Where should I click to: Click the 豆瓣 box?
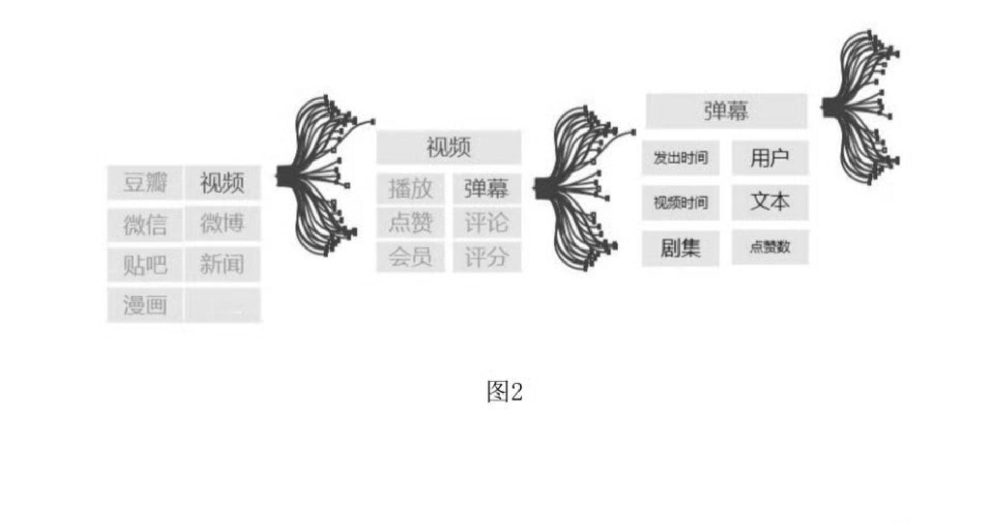click(145, 183)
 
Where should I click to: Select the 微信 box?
click(145, 224)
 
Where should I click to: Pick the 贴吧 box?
click(145, 265)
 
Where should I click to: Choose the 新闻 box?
click(223, 265)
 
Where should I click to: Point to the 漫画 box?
click(145, 305)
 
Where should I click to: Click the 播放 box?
click(410, 188)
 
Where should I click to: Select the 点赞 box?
click(410, 223)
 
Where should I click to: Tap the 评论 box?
click(486, 223)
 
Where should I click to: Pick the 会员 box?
click(410, 257)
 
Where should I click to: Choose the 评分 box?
click(486, 257)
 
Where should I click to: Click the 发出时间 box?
click(681, 157)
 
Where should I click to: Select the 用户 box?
click(770, 157)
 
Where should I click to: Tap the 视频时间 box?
click(681, 202)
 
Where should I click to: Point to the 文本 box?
click(770, 201)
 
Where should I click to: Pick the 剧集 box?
click(681, 248)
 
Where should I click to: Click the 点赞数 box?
click(770, 247)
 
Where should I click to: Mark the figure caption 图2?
click(504, 391)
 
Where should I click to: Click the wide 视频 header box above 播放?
click(449, 148)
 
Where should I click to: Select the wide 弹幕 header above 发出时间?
click(726, 111)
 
